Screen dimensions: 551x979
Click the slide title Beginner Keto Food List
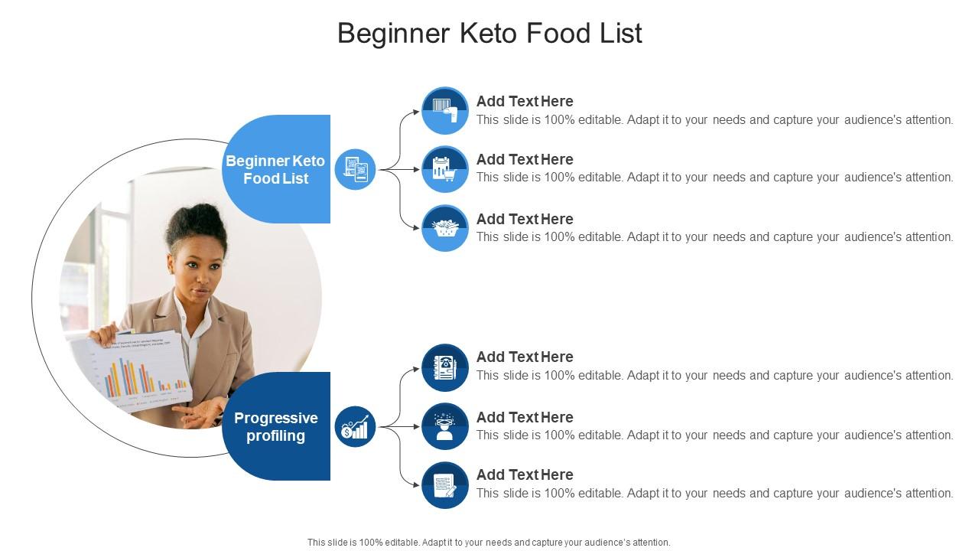[489, 34]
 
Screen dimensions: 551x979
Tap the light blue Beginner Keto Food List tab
[276, 169]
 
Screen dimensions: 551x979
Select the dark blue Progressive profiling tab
[276, 426]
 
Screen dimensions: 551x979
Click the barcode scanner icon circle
[444, 110]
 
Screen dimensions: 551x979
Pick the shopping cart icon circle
[444, 169]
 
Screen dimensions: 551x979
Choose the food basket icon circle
[444, 228]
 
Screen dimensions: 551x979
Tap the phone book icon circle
[444, 367]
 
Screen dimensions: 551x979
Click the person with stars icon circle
[444, 426]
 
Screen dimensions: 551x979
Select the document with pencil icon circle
[444, 485]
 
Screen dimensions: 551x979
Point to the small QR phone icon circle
[356, 169]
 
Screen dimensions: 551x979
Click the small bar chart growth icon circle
[356, 426]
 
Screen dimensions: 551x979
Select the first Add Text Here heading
[525, 101]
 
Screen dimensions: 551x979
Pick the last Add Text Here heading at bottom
[525, 474]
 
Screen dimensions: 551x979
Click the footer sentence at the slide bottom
[489, 542]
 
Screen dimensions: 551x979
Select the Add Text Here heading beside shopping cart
[525, 159]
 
